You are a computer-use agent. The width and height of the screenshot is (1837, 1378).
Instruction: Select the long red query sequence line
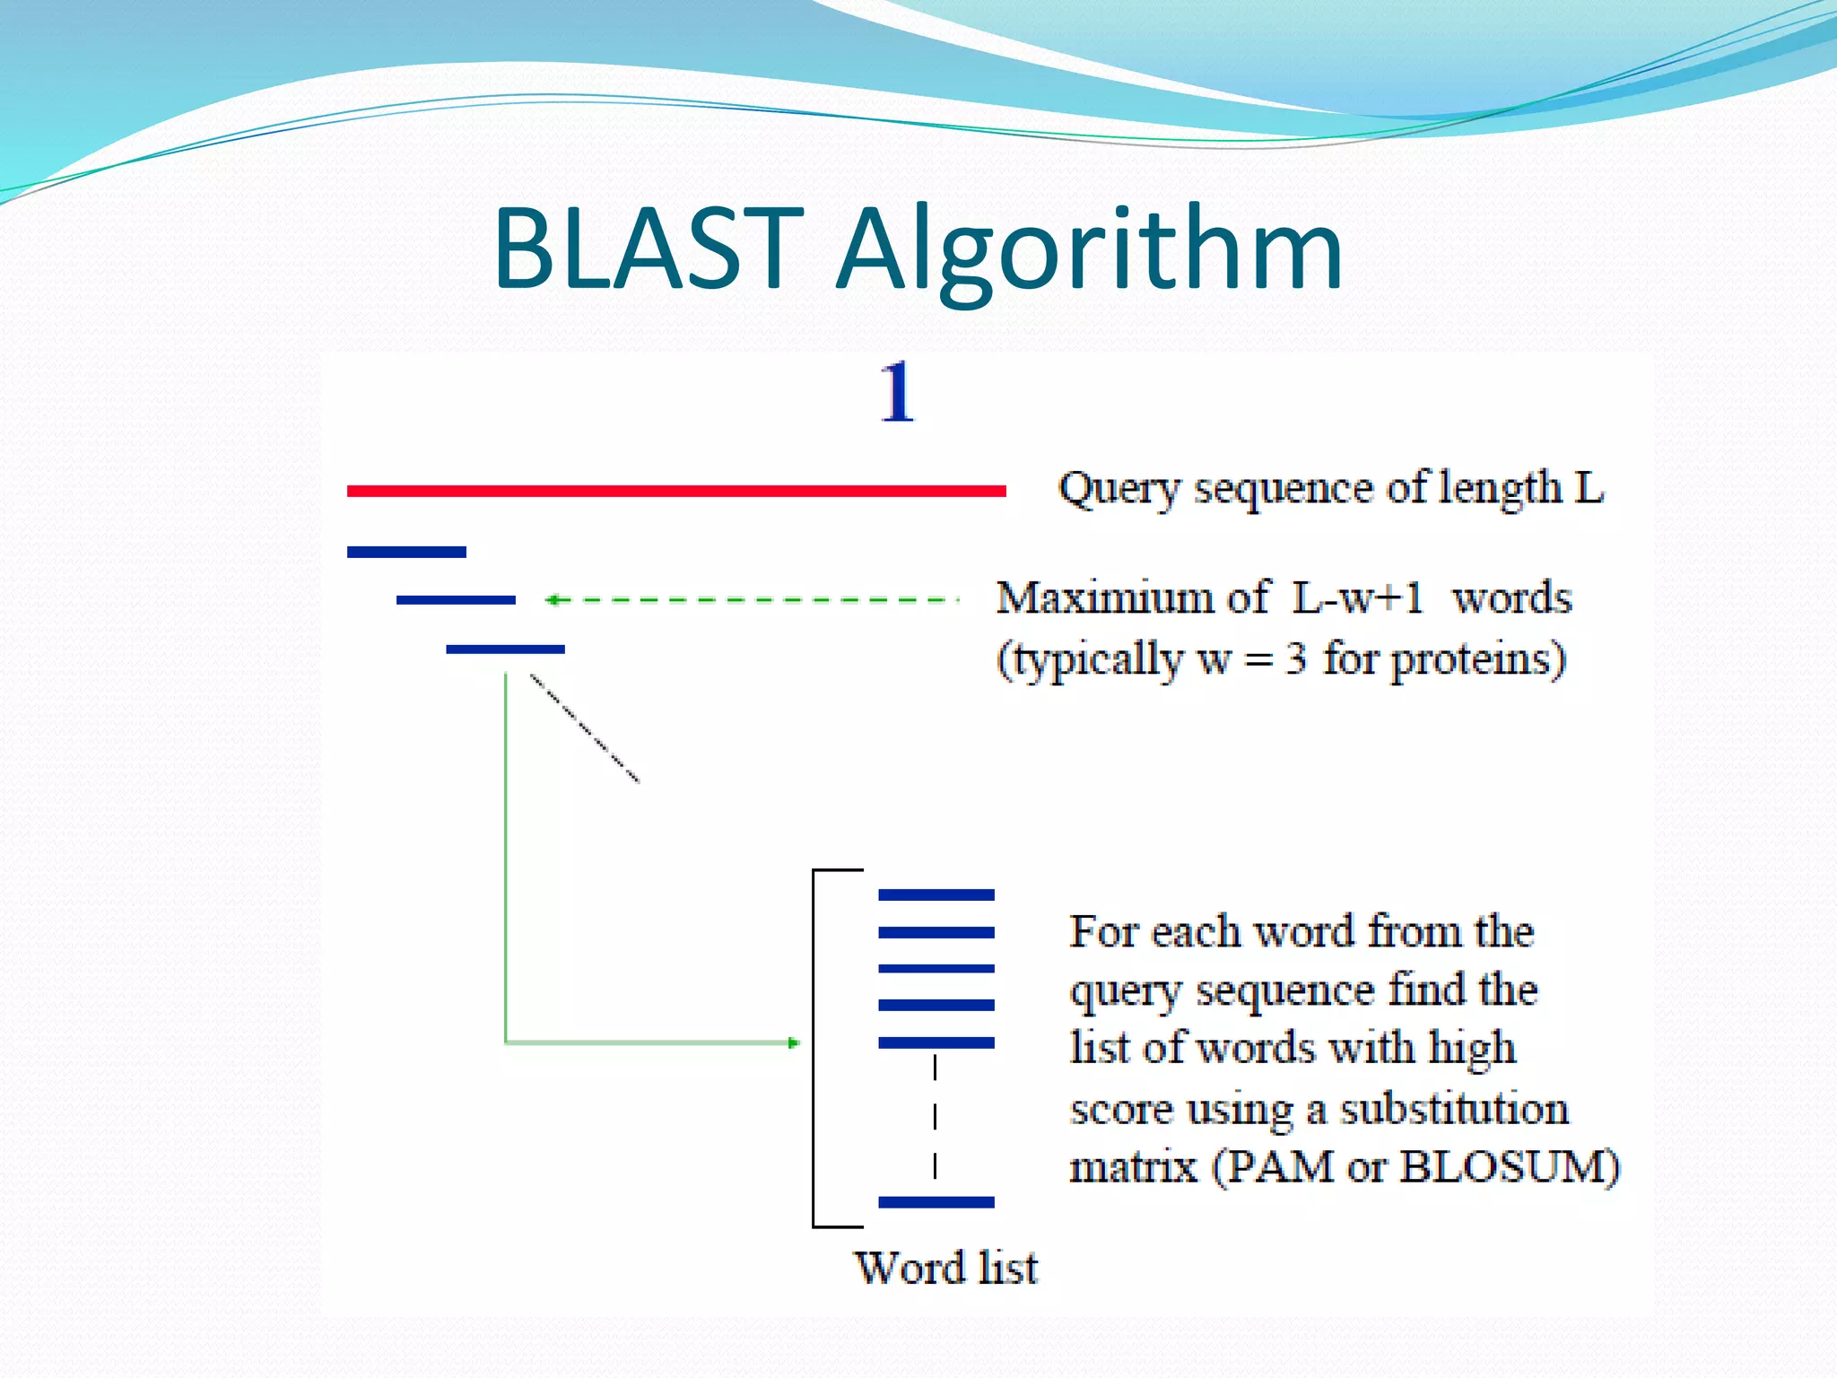(x=676, y=491)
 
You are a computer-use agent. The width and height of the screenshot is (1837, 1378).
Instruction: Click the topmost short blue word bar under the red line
(x=406, y=552)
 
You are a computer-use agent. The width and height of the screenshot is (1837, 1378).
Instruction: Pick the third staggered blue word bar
(x=505, y=649)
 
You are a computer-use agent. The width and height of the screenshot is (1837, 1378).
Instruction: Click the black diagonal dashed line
(x=585, y=728)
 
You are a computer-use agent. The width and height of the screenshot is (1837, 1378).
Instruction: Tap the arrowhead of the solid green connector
(x=793, y=1042)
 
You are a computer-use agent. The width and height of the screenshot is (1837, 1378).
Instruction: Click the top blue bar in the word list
(x=936, y=894)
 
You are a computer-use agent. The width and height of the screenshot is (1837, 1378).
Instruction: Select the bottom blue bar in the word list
(x=936, y=1202)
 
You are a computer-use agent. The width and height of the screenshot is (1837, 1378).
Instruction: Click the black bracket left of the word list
(x=814, y=1048)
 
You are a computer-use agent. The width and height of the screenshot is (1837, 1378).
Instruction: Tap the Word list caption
(x=945, y=1268)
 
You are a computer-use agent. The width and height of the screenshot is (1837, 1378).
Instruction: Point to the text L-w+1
(x=1357, y=597)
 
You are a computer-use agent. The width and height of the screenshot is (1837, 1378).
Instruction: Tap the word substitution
(x=1454, y=1110)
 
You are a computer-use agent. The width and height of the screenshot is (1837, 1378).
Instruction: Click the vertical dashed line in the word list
(x=935, y=1118)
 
